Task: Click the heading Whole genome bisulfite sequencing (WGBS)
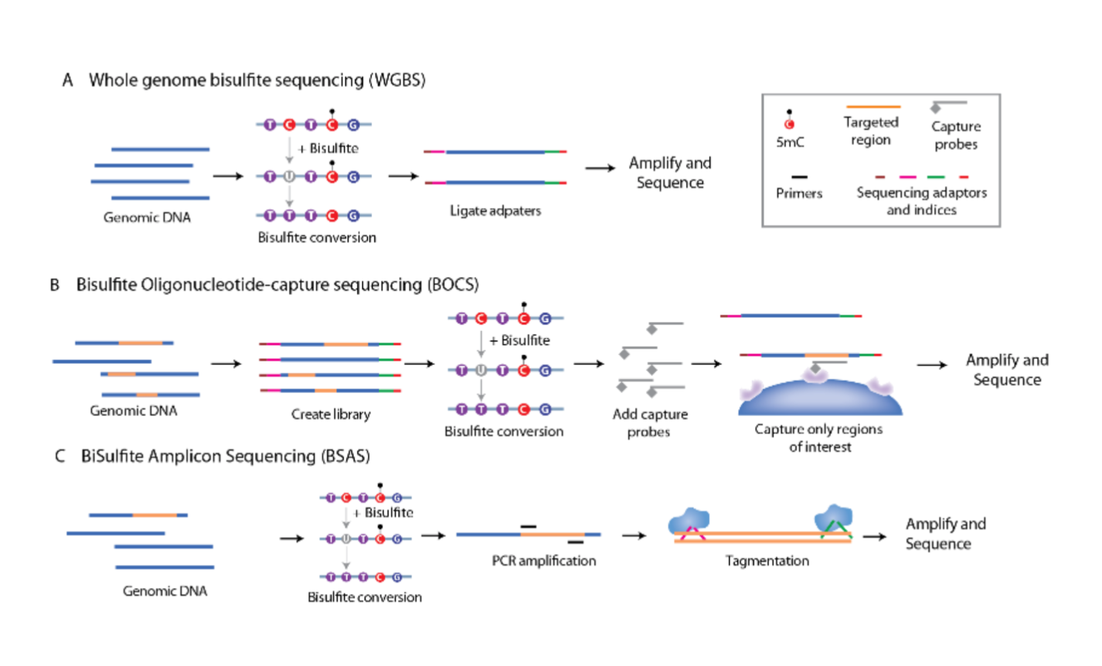[257, 80]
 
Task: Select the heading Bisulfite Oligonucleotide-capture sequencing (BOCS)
[277, 285]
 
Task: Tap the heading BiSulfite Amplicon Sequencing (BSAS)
[225, 457]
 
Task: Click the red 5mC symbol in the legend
[789, 124]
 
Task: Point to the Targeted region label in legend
[871, 131]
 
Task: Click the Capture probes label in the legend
[956, 135]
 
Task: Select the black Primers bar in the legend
[800, 178]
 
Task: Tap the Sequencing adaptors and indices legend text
[921, 201]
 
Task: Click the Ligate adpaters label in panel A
[495, 211]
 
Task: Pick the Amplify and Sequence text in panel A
[670, 173]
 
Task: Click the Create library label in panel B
[331, 414]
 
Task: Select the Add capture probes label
[650, 423]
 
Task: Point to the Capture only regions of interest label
[818, 438]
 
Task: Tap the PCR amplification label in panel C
[544, 561]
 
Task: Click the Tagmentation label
[767, 561]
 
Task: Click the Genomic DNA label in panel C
[165, 591]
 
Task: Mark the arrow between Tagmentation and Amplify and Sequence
[875, 536]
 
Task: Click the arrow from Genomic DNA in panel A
[228, 176]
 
